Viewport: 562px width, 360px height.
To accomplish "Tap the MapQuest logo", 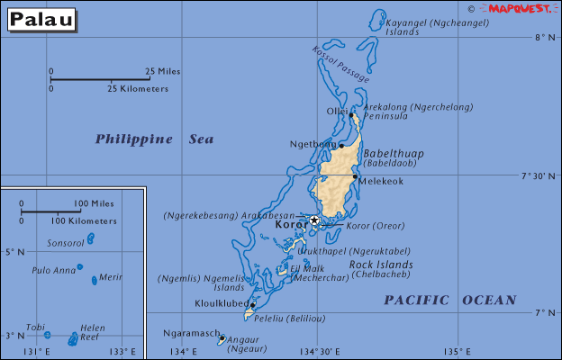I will [x=524, y=8].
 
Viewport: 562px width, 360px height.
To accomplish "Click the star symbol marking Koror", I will [x=314, y=220].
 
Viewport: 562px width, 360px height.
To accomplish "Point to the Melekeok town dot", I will [x=355, y=176].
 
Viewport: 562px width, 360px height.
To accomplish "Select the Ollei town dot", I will [x=350, y=115].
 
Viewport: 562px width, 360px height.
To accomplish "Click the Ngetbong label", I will [x=312, y=144].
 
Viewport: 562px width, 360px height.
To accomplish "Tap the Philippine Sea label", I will [x=155, y=139].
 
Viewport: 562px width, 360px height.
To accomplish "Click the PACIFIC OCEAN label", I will [x=450, y=300].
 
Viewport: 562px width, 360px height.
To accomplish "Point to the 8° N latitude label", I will [x=541, y=38].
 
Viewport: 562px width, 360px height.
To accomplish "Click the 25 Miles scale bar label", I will [x=162, y=71].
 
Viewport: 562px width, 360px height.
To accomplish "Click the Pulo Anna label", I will [x=52, y=269].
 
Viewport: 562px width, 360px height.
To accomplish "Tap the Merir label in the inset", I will [x=110, y=277].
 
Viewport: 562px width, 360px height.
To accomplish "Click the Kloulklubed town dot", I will [x=252, y=304].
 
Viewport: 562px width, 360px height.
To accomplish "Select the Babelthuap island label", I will [x=393, y=154].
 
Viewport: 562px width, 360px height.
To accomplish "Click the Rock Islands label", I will [x=381, y=265].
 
